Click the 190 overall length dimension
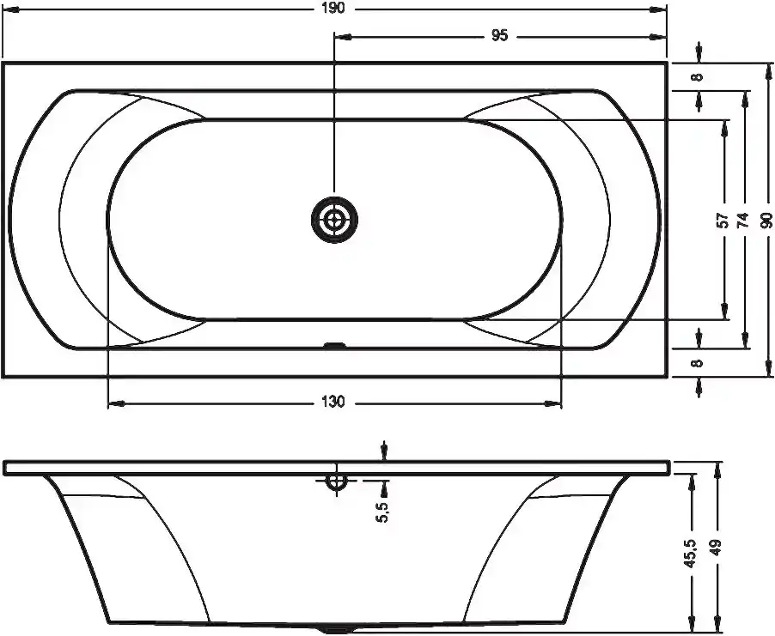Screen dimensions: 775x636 tap(335, 9)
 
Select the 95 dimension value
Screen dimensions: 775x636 tap(500, 35)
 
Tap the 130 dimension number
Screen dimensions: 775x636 tap(333, 403)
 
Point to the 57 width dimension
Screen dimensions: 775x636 tap(723, 220)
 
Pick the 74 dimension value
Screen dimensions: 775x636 tap(743, 220)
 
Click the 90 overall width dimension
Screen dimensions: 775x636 tap(766, 220)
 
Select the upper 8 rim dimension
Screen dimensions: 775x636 tap(698, 77)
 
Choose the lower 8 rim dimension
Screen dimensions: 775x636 tap(698, 363)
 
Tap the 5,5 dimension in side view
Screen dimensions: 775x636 tap(383, 512)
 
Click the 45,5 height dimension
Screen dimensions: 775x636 tap(690, 553)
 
